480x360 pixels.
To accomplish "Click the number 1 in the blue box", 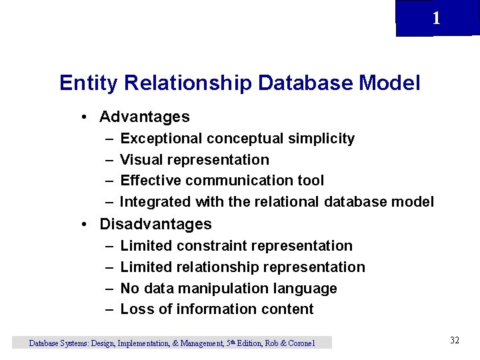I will point(436,18).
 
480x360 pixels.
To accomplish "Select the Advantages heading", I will point(144,117).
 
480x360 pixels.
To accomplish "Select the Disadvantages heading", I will point(155,224).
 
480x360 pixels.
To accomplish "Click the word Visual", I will point(141,160).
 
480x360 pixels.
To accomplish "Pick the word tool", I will point(311,181).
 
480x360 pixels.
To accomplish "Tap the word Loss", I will point(136,309).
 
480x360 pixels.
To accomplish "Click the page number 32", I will point(455,341).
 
